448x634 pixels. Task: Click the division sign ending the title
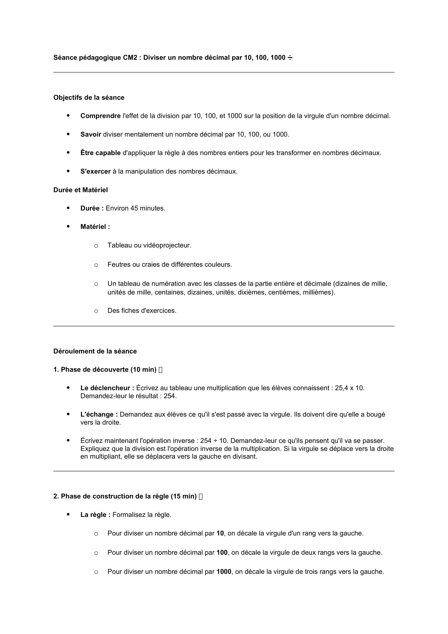tap(290, 58)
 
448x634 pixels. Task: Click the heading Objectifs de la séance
tap(89, 98)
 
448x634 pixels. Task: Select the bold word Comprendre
tap(100, 116)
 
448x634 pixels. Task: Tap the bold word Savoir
tap(91, 134)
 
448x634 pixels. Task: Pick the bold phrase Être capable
tap(100, 153)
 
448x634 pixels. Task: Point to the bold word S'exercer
tap(95, 172)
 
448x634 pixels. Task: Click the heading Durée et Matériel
tap(80, 190)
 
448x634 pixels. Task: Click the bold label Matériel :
tap(95, 227)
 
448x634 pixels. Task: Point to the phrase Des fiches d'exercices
tap(142, 311)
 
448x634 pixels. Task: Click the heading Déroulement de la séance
tap(95, 351)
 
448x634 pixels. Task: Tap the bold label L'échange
tap(99, 414)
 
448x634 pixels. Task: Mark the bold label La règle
tap(95, 515)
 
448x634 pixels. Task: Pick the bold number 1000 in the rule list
tap(224, 572)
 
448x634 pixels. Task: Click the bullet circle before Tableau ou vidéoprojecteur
tap(96, 246)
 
